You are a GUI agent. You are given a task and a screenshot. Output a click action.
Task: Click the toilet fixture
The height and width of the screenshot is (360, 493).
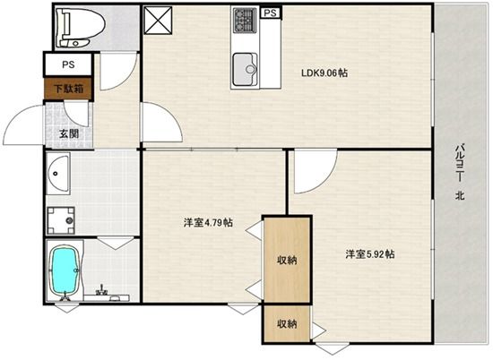point(80,28)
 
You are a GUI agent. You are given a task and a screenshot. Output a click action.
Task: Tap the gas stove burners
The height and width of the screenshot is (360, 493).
point(245,20)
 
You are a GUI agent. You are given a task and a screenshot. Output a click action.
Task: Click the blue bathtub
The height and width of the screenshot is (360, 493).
point(65,270)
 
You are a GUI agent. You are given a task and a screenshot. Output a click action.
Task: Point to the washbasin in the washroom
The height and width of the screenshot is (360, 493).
point(58,174)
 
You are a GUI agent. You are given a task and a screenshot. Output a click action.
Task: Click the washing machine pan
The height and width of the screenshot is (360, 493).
point(61,220)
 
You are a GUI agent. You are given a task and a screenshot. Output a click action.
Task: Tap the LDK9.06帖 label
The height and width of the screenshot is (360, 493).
point(324,73)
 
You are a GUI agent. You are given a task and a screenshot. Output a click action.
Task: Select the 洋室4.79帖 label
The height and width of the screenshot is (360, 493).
point(208,223)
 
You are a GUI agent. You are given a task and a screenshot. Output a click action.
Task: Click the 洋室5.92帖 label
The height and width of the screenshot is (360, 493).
point(370,253)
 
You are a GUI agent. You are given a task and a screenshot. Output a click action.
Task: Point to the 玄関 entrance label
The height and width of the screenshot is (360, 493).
point(69,134)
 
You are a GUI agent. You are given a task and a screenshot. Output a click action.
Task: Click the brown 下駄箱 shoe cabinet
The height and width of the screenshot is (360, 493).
point(68,89)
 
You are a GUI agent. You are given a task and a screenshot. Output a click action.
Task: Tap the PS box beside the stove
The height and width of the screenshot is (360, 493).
point(271,13)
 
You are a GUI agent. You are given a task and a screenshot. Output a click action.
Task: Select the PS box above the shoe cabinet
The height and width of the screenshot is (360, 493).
point(68,64)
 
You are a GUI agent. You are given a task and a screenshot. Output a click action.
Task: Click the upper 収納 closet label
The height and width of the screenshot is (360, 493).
point(287,260)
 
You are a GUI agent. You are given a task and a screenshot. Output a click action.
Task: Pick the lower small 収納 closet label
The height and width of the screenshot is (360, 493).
point(287,323)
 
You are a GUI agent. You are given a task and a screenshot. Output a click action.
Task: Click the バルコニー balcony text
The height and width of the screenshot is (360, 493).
point(461,162)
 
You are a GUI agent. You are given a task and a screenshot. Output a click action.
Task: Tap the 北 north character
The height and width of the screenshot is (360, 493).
point(461,196)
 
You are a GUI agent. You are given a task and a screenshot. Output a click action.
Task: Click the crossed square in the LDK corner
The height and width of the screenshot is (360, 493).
point(158,20)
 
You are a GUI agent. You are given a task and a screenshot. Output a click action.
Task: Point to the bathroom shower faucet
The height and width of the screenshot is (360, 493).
point(101,289)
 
